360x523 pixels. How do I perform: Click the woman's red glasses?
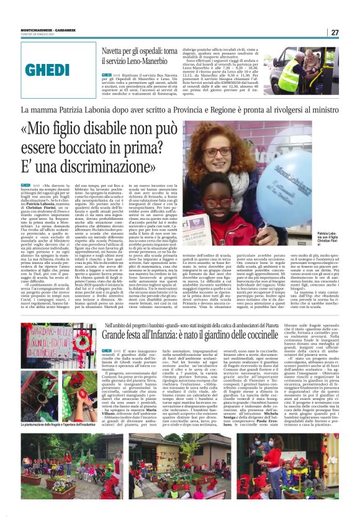(x=218, y=152)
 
